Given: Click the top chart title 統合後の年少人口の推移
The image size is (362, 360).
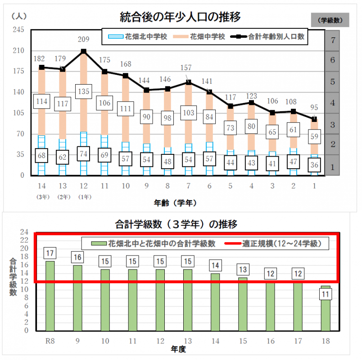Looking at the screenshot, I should coord(180,17).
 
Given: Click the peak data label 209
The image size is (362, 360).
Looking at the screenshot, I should coord(84,39).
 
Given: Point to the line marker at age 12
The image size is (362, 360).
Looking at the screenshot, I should coord(84,52).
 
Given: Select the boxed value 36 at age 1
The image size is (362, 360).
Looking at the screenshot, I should coord(315,164).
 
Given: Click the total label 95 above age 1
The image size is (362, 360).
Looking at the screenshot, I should coord(315,108).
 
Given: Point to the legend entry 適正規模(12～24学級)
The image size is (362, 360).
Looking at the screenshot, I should coord(281,244).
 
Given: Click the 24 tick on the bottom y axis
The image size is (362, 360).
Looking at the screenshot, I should coord(26,232).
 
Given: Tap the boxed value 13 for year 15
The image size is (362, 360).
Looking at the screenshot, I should coord(242,270).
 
